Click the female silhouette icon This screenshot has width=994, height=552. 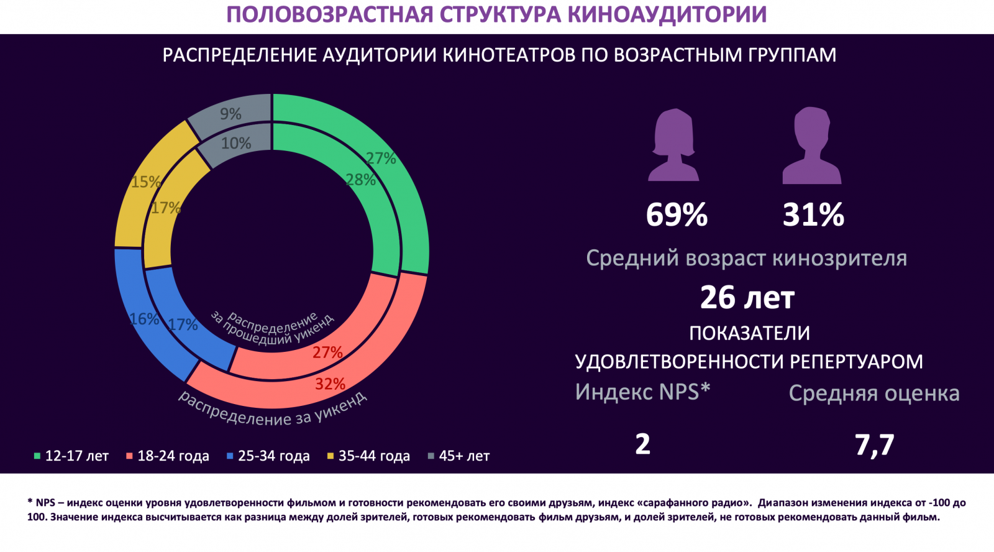tap(673, 145)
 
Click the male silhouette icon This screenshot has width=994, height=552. tap(811, 145)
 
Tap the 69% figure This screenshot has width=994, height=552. tap(677, 215)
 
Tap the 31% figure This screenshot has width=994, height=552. tap(813, 215)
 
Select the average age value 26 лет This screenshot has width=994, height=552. tap(747, 298)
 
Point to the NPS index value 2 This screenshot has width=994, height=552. tap(643, 444)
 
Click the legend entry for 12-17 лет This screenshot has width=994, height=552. tap(71, 456)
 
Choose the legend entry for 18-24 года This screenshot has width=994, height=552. tap(168, 456)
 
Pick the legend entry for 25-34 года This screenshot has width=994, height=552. tap(268, 456)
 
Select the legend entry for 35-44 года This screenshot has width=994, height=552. tap(369, 456)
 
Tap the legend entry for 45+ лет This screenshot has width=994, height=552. tap(459, 456)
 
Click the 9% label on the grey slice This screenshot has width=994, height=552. tap(230, 114)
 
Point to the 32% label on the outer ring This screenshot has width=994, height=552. tap(330, 384)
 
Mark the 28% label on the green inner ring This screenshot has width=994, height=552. tap(360, 180)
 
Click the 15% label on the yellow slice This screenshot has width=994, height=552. tap(145, 182)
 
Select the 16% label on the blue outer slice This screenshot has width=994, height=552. tap(144, 319)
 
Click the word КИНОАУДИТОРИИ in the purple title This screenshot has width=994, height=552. tap(667, 15)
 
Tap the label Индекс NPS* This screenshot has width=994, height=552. tap(642, 392)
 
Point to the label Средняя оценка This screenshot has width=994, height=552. tap(874, 393)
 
